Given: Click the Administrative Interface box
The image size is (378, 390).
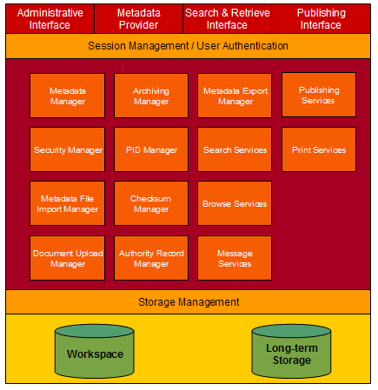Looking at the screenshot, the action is point(50,19).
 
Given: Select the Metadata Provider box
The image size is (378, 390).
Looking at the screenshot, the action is point(138,19).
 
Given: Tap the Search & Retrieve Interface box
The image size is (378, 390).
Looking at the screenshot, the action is point(228,19).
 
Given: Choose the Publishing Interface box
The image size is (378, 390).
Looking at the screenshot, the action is point(321,19).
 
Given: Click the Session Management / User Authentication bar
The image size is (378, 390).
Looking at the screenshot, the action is point(188,46).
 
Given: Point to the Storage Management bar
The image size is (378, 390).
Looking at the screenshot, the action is point(188,302).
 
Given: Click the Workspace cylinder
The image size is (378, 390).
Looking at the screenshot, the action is point(95,351).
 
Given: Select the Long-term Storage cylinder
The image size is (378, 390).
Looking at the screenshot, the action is point(291,351).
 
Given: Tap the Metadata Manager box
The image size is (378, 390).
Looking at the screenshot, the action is point(68,96).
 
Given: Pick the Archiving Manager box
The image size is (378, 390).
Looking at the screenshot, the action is point(151,96).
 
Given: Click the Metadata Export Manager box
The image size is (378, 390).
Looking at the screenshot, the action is point(235,96).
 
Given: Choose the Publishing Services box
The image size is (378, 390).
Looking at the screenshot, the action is point(319,95).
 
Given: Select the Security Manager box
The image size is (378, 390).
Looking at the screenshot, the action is point(68,149).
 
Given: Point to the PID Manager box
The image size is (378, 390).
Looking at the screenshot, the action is point(151,149).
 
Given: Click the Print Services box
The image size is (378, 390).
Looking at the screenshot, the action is point(319,149).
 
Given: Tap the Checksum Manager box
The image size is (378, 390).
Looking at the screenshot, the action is point(151,203).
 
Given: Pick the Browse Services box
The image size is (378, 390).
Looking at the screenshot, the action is point(235,203).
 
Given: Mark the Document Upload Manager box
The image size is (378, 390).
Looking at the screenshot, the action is point(68,258).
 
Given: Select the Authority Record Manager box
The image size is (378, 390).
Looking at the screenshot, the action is point(151,258).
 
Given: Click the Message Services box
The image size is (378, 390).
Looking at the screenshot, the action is point(235,258).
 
